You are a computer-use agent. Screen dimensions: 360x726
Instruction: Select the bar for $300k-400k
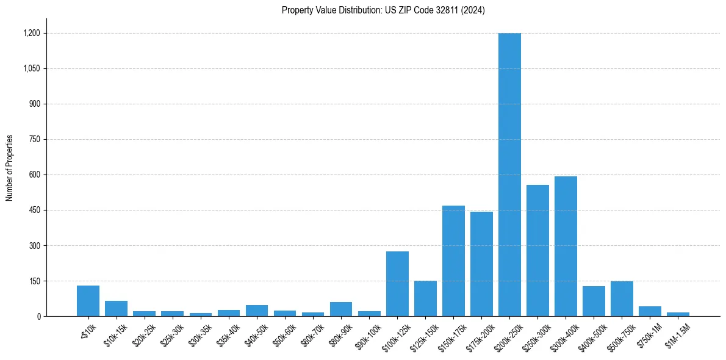coord(566,247)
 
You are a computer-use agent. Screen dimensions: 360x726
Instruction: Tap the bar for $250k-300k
coord(537,251)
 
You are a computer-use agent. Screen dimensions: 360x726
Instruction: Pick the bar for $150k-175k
coord(453,261)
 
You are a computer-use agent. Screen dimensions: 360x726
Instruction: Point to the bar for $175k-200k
coord(481,264)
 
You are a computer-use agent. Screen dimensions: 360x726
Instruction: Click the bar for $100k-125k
coord(397,284)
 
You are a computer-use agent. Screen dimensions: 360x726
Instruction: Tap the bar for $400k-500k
coord(594,301)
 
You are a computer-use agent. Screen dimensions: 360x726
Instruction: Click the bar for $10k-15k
coord(116,309)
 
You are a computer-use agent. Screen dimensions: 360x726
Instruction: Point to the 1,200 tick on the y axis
coord(32,34)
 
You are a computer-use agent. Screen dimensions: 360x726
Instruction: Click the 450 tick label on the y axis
coord(34,211)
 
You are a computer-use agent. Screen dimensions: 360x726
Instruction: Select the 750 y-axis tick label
coord(34,140)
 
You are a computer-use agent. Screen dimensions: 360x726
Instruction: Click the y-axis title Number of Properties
coord(9,168)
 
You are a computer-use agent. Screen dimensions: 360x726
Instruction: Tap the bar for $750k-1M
coord(650,311)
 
